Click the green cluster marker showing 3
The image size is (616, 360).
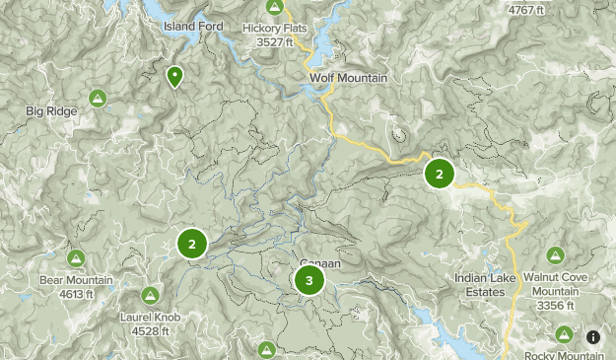tap(309, 281)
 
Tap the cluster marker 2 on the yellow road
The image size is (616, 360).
tap(439, 175)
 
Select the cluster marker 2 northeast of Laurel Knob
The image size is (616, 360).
tap(192, 244)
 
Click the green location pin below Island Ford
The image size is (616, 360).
tap(174, 75)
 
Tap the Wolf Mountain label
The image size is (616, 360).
tap(348, 78)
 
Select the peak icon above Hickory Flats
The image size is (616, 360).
tap(275, 8)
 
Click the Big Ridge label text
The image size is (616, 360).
tap(52, 111)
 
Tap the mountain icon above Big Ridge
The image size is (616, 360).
tap(98, 98)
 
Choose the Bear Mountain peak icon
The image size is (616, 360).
tap(76, 258)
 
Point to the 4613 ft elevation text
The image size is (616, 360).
tap(76, 293)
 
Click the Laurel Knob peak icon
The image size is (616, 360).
tap(150, 295)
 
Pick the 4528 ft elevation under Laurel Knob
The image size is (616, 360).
tap(150, 330)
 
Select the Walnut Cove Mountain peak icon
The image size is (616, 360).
tap(555, 255)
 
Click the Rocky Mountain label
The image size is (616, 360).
tap(562, 355)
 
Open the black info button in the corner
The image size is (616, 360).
tap(593, 337)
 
